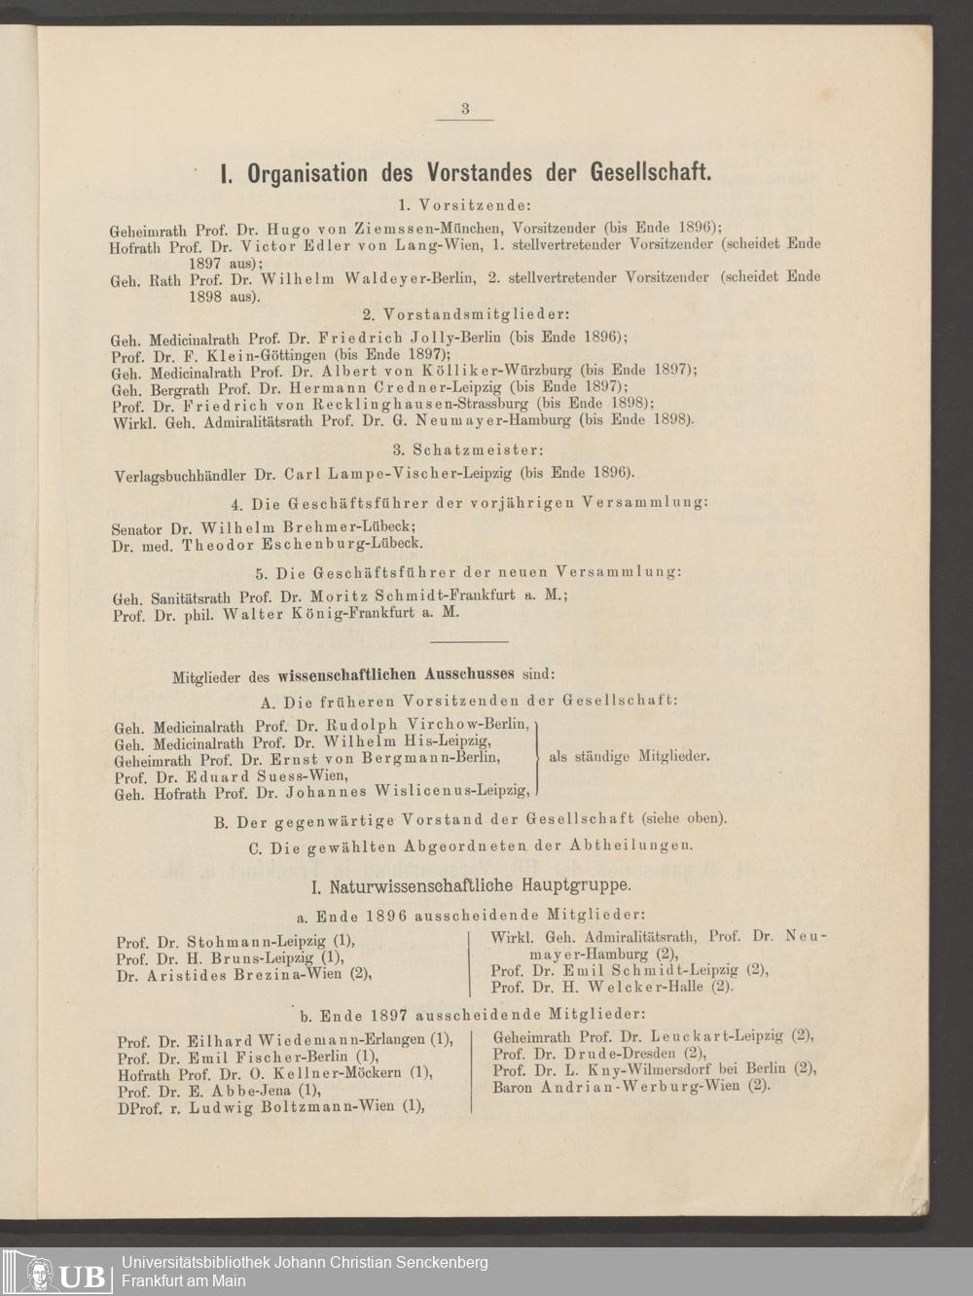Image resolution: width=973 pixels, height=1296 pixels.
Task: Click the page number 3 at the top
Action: point(465,109)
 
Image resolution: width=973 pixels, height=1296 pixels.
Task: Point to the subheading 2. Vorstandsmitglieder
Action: point(465,315)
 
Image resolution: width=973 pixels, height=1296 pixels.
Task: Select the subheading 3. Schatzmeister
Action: point(468,450)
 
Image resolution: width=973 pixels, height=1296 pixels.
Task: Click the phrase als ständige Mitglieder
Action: point(630,756)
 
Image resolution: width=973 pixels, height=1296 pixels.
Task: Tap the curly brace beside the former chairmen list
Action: point(538,757)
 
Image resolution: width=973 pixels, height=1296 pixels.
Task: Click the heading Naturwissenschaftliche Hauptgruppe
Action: point(469,886)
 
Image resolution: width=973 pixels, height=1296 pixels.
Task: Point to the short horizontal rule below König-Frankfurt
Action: point(468,642)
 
